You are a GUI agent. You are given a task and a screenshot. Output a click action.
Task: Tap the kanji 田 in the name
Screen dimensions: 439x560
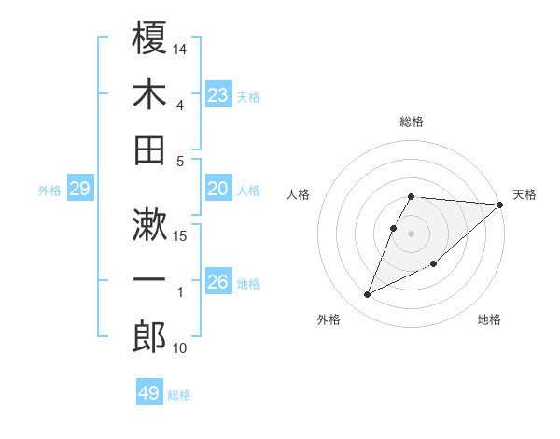150,149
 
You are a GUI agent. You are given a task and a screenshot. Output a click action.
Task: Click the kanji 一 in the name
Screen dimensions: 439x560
150,279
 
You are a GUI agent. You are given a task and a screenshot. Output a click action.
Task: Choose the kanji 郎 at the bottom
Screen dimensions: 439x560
150,336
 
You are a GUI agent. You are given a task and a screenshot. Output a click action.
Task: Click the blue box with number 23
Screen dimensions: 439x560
217,95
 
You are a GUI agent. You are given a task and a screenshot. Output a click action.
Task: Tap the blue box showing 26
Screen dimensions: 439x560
217,282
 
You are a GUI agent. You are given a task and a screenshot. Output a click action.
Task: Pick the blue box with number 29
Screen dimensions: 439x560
79,190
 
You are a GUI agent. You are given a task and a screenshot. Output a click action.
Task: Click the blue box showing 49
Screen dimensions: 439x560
149,393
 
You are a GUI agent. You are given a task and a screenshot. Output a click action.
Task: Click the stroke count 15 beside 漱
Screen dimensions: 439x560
180,235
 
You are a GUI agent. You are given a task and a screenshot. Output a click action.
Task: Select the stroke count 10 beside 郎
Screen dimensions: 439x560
180,348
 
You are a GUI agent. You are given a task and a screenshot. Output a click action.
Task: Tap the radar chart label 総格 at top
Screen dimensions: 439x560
412,121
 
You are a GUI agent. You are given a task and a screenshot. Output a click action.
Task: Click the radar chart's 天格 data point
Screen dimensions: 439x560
500,205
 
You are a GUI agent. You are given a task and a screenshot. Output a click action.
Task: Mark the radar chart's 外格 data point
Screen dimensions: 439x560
368,295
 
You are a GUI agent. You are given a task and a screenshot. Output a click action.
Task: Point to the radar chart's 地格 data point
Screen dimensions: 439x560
435,264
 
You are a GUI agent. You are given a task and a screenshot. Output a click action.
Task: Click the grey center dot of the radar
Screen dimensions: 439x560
412,233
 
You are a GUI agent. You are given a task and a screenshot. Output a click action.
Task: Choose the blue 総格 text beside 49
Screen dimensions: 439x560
179,395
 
